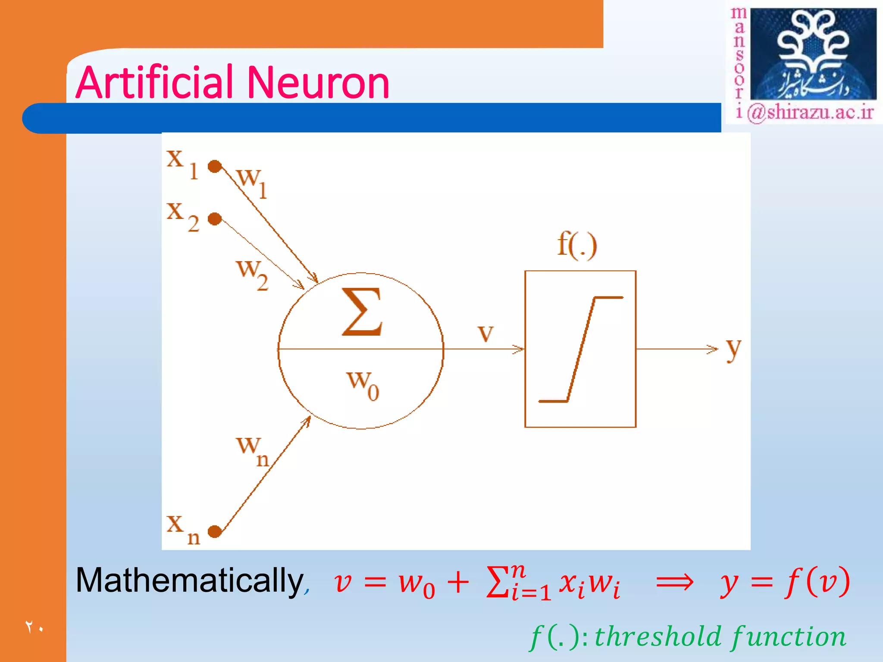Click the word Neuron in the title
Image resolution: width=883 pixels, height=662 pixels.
coord(318,83)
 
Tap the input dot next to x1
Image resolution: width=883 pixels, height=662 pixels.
coord(215,166)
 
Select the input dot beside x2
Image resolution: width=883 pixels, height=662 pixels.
coord(215,219)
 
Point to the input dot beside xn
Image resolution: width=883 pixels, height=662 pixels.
coord(215,531)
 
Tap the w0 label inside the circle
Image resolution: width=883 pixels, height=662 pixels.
coord(363,385)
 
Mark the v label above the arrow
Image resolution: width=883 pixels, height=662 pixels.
coord(485,333)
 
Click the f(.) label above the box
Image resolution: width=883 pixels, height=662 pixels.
coord(577,245)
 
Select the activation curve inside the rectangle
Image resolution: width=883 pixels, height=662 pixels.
coord(581,349)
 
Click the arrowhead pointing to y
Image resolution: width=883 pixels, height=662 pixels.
coord(713,349)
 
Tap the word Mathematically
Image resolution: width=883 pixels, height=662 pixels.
coord(190,581)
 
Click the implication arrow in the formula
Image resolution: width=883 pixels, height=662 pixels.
coord(674,583)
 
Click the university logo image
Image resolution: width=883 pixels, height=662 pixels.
coord(813,54)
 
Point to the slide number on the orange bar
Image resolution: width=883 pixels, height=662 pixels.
coord(34,627)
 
